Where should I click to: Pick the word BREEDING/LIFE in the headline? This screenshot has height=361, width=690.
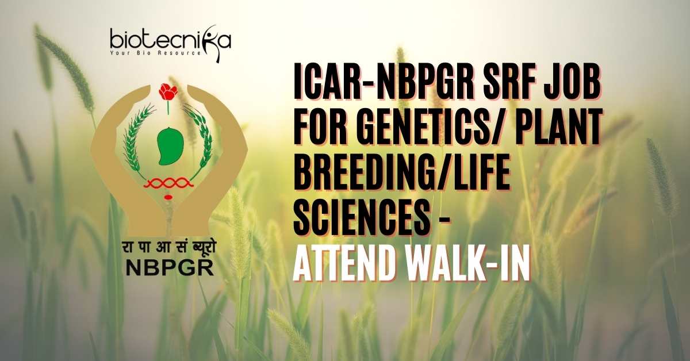(x=401, y=171)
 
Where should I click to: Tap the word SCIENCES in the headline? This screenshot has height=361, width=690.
(x=361, y=216)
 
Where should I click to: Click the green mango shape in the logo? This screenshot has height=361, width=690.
(x=170, y=145)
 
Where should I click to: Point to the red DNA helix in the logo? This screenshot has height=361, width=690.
(x=168, y=183)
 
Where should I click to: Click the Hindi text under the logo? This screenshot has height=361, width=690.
(x=168, y=248)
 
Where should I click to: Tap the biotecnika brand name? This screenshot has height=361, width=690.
(x=170, y=40)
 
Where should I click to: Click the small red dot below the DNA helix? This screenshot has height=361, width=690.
(x=168, y=197)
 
